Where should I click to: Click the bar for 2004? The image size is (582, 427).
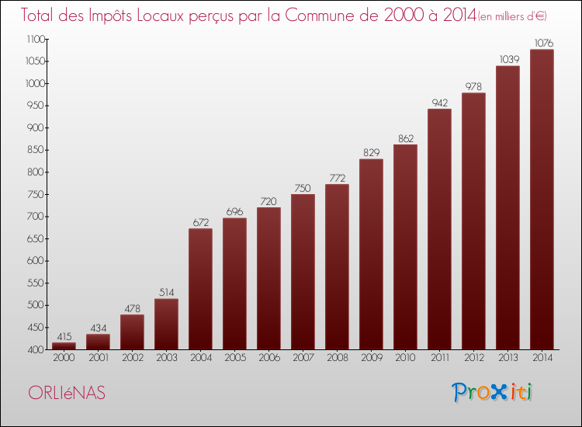coord(200,289)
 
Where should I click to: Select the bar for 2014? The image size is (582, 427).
coord(542,200)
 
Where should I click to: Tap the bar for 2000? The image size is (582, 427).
coord(64,346)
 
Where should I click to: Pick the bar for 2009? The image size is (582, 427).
coord(371,255)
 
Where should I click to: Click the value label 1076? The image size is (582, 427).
coord(544,43)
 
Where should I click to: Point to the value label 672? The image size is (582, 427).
coord(201,222)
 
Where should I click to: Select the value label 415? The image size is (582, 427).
coord(64,336)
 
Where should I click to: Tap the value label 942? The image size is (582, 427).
coord(440,102)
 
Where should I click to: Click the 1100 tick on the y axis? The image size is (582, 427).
coord(36,39)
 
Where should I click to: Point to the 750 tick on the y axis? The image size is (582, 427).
coord(36,194)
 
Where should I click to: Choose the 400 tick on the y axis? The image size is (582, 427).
coord(36,350)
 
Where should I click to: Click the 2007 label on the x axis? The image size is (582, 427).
coord(303,358)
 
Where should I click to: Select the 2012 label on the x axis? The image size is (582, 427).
coord(474,358)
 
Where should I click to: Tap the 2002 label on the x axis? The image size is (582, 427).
coord(133,358)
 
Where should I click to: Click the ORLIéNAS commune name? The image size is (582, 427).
coord(67,393)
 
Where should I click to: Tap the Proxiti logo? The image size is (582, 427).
coord(492,393)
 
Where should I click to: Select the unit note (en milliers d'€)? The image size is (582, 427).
coord(512,17)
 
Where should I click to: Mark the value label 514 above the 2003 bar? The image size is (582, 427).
coord(166,293)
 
